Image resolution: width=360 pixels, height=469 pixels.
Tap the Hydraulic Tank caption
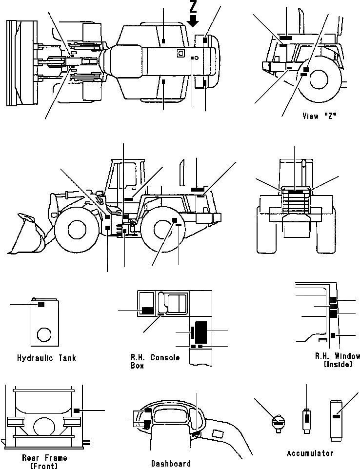click(46, 358)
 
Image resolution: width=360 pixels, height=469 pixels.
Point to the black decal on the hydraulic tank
click(41, 305)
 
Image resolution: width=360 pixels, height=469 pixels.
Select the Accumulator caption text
click(310, 453)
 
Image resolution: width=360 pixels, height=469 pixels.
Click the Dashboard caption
click(170, 463)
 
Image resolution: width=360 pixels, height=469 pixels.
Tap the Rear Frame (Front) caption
click(44, 461)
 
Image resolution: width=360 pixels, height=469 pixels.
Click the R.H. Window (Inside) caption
click(337, 360)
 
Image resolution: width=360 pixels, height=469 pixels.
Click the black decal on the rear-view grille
click(295, 193)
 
